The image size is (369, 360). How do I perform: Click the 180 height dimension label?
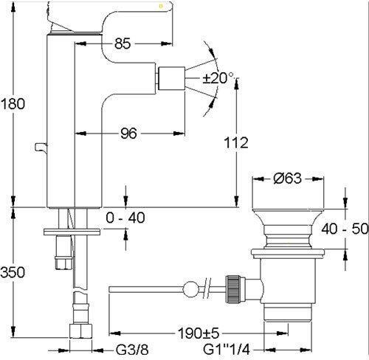(13, 104)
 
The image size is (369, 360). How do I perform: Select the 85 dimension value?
(123, 44)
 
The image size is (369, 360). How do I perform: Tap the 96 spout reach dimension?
(128, 134)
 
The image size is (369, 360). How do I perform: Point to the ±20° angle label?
(218, 78)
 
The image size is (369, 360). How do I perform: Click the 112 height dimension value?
(236, 142)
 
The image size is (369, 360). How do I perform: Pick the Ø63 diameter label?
(287, 179)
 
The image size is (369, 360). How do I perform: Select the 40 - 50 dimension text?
(345, 229)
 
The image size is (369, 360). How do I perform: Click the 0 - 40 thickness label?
(125, 218)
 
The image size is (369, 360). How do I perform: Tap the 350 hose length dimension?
(13, 272)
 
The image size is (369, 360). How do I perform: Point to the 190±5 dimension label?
(199, 333)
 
